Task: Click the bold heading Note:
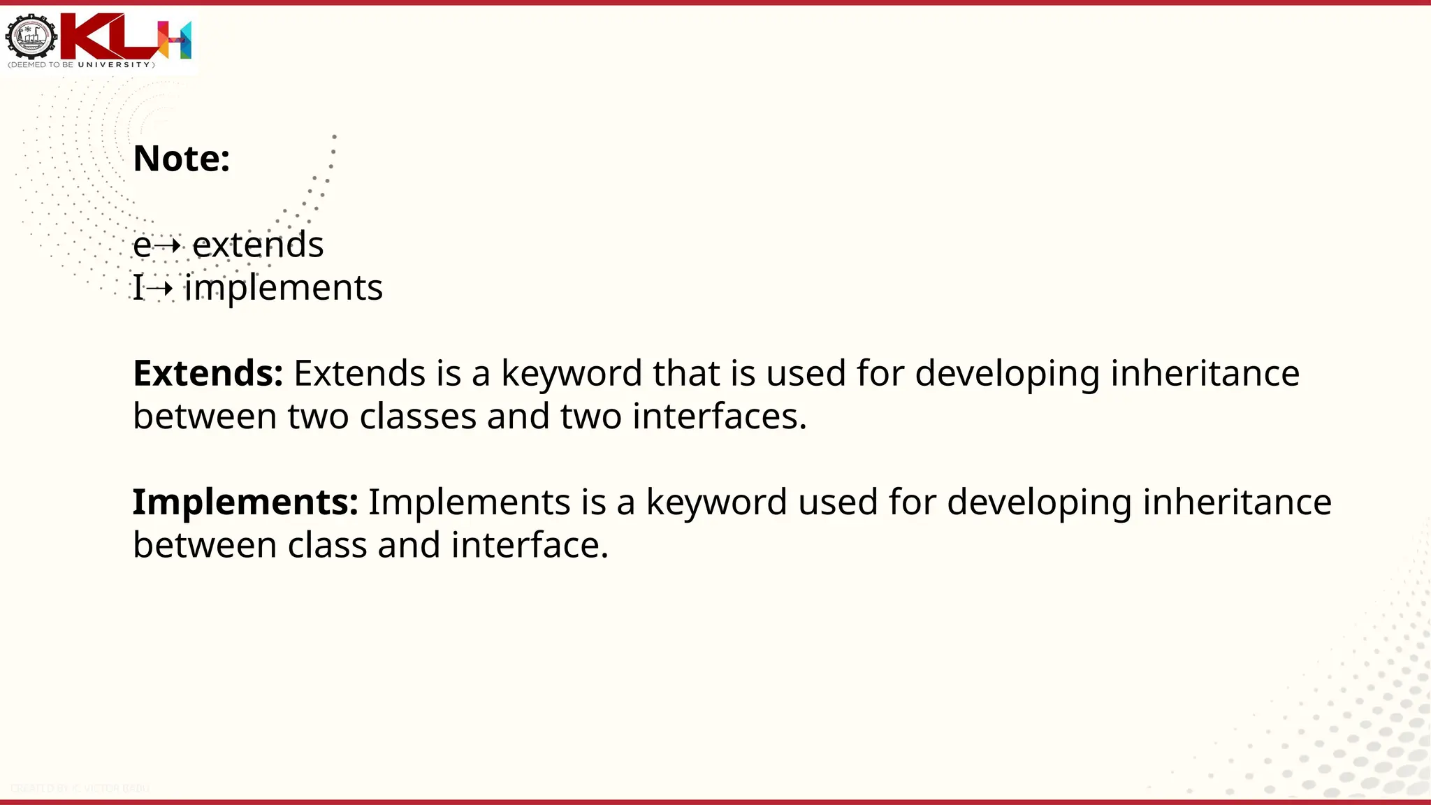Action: (181, 159)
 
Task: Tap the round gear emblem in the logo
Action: (31, 37)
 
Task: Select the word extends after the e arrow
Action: (258, 245)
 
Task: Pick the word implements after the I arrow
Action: (283, 288)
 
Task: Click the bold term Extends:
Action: (208, 373)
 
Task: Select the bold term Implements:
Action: (245, 502)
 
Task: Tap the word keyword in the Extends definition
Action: (571, 374)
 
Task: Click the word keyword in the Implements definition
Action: (716, 502)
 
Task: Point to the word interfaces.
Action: (719, 416)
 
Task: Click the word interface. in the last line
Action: (530, 545)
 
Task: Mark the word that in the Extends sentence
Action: (686, 373)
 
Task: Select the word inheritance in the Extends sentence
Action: (1205, 373)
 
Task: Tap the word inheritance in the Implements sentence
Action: (1237, 502)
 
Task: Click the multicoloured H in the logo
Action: (174, 39)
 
